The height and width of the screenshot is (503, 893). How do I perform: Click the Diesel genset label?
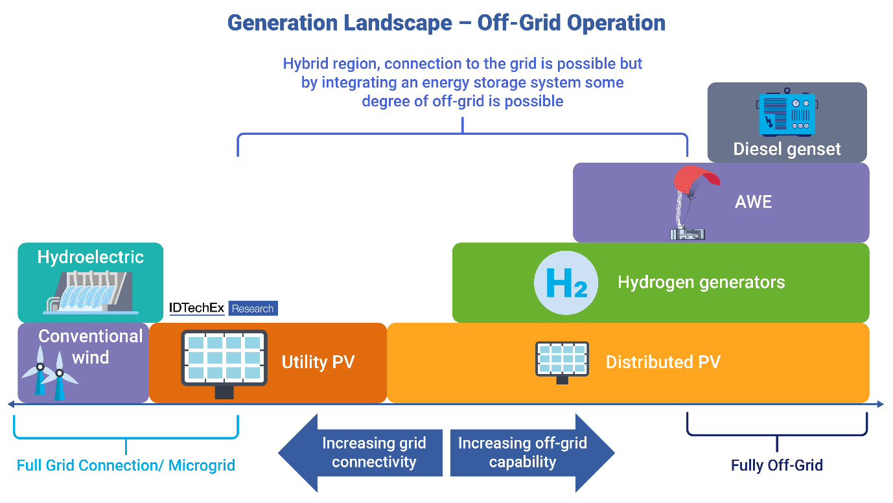coord(787,149)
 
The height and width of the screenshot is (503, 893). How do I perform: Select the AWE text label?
coord(754,202)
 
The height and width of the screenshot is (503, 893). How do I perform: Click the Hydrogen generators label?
coord(701,283)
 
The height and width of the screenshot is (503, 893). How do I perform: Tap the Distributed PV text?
coord(662,362)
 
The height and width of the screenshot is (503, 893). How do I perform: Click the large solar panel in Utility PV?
coord(224,360)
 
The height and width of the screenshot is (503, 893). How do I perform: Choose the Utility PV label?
coord(318,362)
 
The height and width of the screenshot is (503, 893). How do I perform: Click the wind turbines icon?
coord(49,376)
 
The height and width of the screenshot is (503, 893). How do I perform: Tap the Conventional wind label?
coord(91,347)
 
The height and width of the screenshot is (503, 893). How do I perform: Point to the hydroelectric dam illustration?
coord(90,292)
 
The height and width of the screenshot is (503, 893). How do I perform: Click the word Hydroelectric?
coord(90,257)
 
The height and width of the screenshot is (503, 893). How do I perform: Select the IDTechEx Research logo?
coord(223,309)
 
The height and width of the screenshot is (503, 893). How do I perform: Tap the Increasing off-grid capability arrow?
coord(530,452)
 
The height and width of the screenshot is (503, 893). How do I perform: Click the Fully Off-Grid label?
coord(776,465)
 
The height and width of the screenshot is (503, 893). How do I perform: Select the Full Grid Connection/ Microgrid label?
coord(126,465)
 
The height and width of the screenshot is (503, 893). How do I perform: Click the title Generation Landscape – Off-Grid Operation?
coord(446,23)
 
